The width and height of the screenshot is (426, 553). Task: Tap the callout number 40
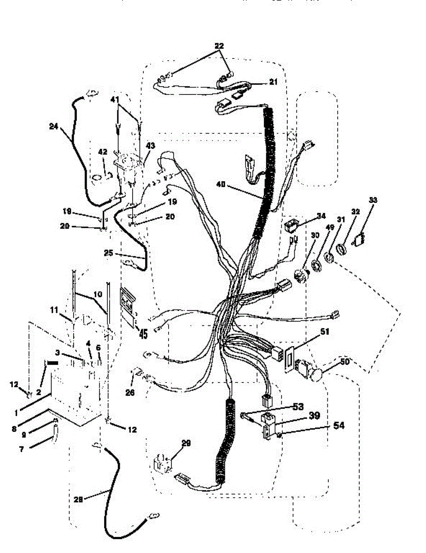coord(221,184)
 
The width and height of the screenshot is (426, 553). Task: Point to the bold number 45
coord(143,334)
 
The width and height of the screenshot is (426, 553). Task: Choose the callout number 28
coord(79,498)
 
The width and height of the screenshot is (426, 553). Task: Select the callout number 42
coord(102,151)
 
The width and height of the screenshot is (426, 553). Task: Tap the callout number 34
coord(321,215)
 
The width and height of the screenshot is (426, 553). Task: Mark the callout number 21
coord(274,82)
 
